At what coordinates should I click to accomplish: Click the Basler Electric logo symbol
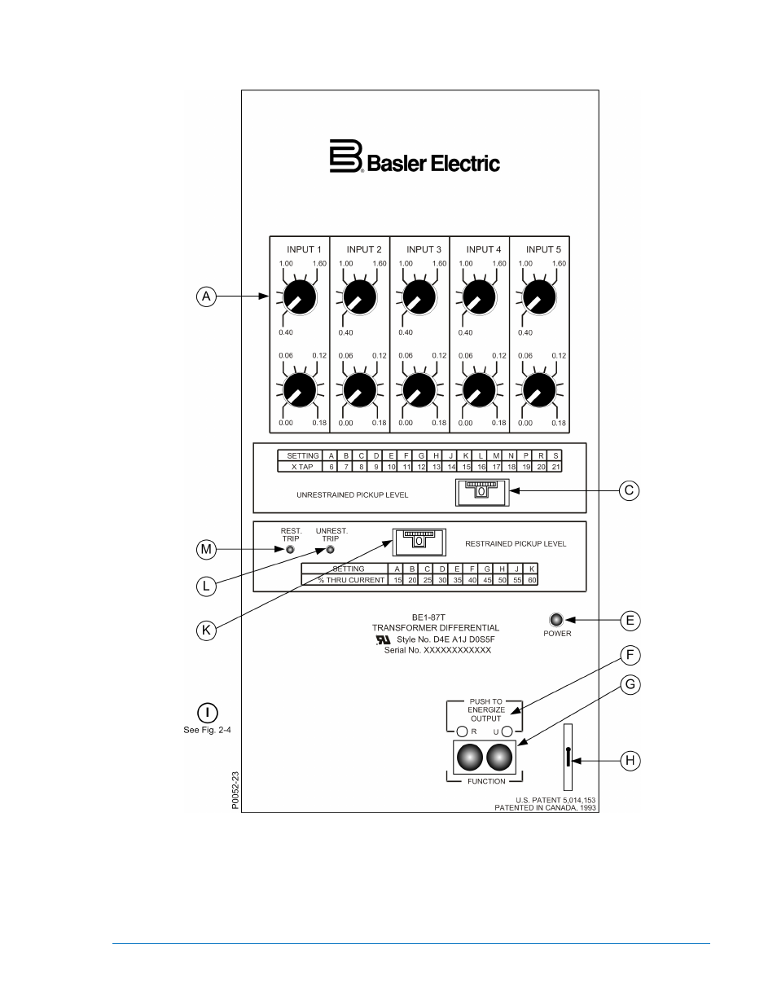point(345,156)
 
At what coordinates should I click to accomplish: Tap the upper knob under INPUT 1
point(300,297)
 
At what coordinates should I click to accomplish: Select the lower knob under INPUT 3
point(419,389)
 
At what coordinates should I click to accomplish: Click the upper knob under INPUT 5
point(539,297)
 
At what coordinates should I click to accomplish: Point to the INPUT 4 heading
point(484,249)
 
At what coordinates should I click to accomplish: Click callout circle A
point(207,297)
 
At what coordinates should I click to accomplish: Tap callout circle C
point(629,490)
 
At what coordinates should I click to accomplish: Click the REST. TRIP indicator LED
point(290,549)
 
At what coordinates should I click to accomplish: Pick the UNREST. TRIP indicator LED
point(331,549)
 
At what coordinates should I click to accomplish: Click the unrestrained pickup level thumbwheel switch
point(481,491)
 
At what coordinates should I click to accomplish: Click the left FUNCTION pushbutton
point(470,758)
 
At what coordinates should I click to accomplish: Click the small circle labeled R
point(463,731)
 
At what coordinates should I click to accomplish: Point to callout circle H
point(629,761)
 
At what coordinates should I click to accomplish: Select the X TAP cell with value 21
point(555,467)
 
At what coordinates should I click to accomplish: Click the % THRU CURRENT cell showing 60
point(532,580)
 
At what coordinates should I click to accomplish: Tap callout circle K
point(207,630)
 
